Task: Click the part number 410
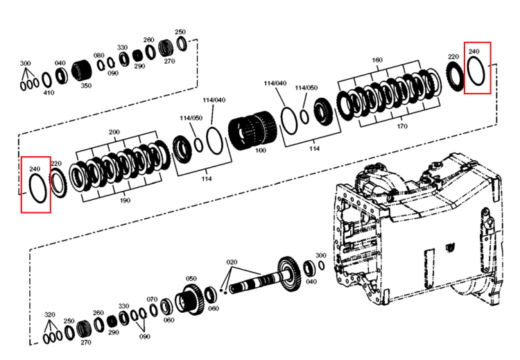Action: pyautogui.click(x=49, y=92)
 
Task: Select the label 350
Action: pyautogui.click(x=86, y=85)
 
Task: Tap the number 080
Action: pyautogui.click(x=99, y=55)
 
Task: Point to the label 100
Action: pyautogui.click(x=261, y=151)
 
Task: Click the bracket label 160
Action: pyautogui.click(x=377, y=60)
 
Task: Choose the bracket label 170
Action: pyautogui.click(x=402, y=126)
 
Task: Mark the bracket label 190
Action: pyautogui.click(x=125, y=200)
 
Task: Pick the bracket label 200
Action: pyautogui.click(x=114, y=132)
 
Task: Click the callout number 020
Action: pyautogui.click(x=232, y=262)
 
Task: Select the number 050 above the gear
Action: pyautogui.click(x=191, y=278)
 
